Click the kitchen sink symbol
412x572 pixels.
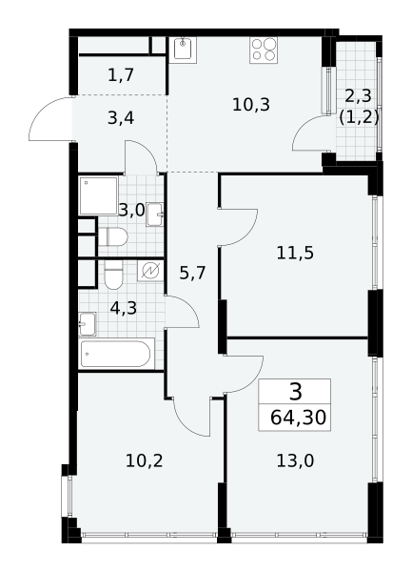click(x=183, y=50)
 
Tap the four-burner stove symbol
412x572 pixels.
click(x=264, y=50)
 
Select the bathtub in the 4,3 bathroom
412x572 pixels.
click(x=116, y=354)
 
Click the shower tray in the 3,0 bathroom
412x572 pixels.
click(x=99, y=195)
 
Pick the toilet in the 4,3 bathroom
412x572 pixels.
click(x=113, y=275)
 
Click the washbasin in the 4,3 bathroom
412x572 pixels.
click(x=88, y=323)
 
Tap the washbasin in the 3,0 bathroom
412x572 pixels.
click(x=155, y=214)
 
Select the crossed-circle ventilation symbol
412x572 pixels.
click(x=150, y=271)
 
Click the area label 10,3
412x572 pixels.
click(x=251, y=105)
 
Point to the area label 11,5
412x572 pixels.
click(x=295, y=253)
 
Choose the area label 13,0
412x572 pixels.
click(x=295, y=461)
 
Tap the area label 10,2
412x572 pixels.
click(x=144, y=461)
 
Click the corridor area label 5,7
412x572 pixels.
click(x=193, y=273)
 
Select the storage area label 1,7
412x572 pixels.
click(x=121, y=75)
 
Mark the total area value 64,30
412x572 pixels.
click(x=298, y=418)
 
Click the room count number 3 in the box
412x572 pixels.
click(x=296, y=392)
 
